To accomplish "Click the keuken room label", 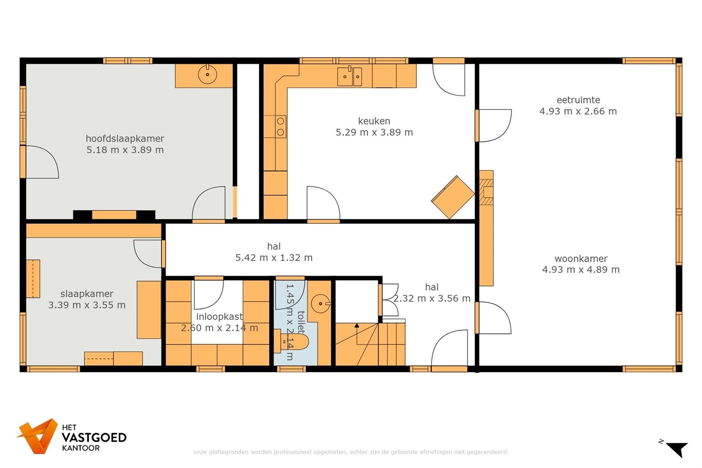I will (374, 121).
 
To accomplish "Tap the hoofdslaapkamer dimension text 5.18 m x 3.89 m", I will (125, 150).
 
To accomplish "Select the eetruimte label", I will (578, 100).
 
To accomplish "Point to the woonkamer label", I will (581, 259).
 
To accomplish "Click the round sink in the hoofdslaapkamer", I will (207, 74).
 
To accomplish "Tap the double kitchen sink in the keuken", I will (350, 76).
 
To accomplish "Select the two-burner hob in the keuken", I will (280, 127).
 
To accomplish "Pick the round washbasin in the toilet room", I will (320, 304).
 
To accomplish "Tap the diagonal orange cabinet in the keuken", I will (453, 197).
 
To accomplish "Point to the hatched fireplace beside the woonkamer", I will (487, 192).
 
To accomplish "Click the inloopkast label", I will (219, 316).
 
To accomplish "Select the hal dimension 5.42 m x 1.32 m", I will (274, 258).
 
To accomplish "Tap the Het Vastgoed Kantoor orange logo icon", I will (38, 436).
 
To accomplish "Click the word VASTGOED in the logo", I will (94, 438).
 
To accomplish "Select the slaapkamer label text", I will (87, 294).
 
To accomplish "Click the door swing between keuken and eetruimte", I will (494, 126).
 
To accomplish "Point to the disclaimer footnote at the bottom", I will (351, 452).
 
